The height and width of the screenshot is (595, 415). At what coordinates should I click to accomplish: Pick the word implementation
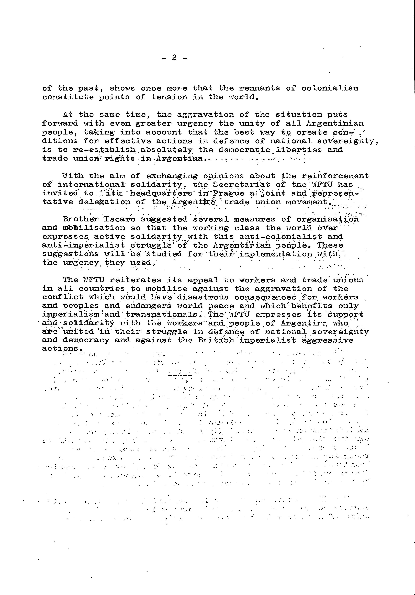[276, 254]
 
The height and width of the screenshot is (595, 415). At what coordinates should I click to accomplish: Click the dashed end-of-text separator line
[180, 375]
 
